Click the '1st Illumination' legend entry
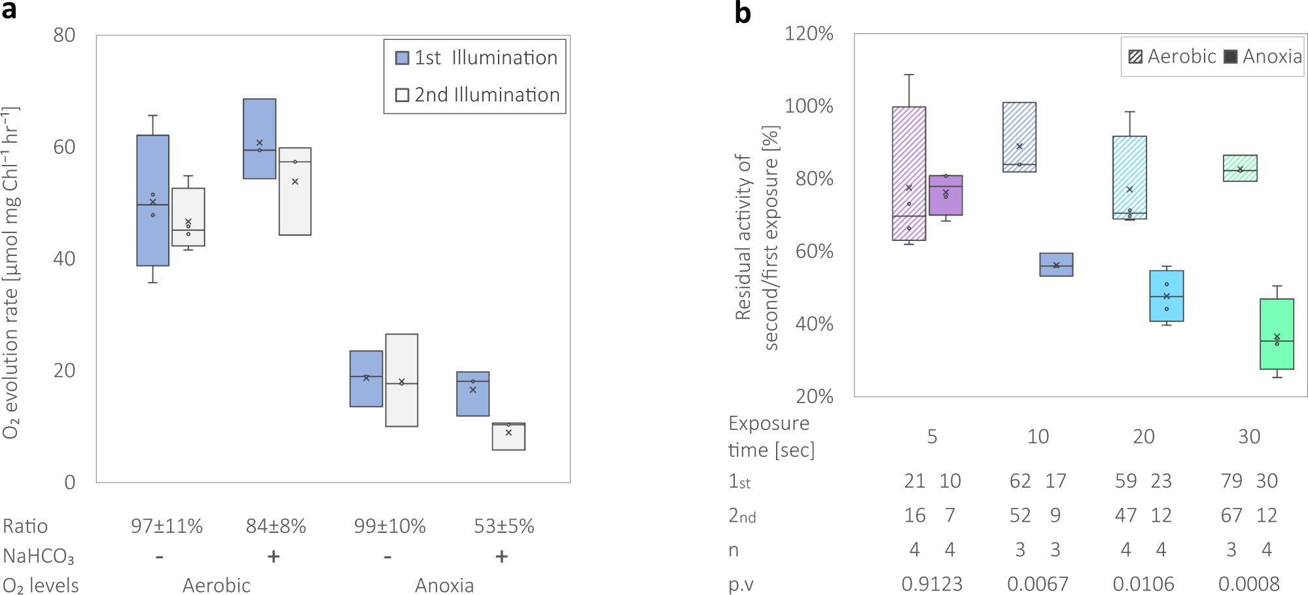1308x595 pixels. (x=477, y=58)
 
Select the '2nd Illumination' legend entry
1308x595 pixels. (x=478, y=95)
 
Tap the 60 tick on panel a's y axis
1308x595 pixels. (x=64, y=147)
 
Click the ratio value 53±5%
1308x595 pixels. (x=504, y=526)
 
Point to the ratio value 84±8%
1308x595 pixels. (x=275, y=526)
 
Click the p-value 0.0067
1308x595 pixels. (x=1038, y=583)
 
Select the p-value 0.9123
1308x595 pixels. (x=932, y=583)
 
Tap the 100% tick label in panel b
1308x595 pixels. (x=809, y=105)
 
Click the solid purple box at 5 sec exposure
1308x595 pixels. (x=946, y=195)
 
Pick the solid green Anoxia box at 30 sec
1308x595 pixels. (x=1277, y=334)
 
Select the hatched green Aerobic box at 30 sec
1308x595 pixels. (x=1240, y=168)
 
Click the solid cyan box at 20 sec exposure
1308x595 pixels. (x=1167, y=296)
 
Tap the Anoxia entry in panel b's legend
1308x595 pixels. (x=1264, y=56)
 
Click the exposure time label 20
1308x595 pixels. (x=1143, y=437)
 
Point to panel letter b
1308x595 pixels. (x=742, y=13)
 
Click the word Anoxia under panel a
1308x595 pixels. (x=444, y=585)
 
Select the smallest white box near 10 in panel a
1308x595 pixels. (x=508, y=437)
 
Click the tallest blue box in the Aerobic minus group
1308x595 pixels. (x=152, y=200)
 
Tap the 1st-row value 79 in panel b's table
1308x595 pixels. (x=1231, y=481)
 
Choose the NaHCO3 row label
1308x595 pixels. (x=38, y=556)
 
